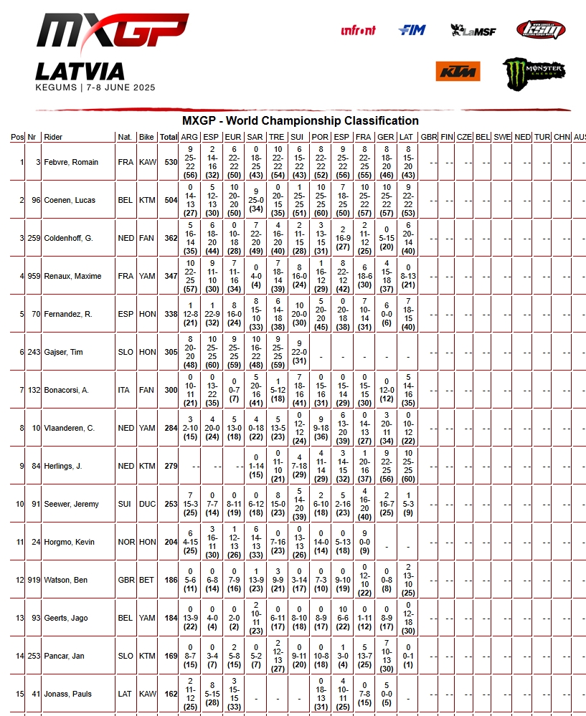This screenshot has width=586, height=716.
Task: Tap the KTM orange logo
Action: click(458, 72)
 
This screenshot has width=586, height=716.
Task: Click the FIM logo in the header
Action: click(412, 30)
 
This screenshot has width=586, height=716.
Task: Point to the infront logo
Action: click(358, 30)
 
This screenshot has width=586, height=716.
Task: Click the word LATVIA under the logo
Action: click(80, 71)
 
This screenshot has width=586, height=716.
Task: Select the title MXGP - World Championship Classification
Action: click(300, 120)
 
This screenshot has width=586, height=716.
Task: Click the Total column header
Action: click(169, 137)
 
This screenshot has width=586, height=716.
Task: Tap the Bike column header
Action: click(146, 137)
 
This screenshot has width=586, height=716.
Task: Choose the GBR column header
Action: click(429, 137)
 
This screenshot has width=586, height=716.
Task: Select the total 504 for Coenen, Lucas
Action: click(171, 200)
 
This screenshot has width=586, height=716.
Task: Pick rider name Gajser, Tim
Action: click(63, 352)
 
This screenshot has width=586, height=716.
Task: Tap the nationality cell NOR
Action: click(126, 542)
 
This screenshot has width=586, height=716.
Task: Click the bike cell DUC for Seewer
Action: click(146, 504)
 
